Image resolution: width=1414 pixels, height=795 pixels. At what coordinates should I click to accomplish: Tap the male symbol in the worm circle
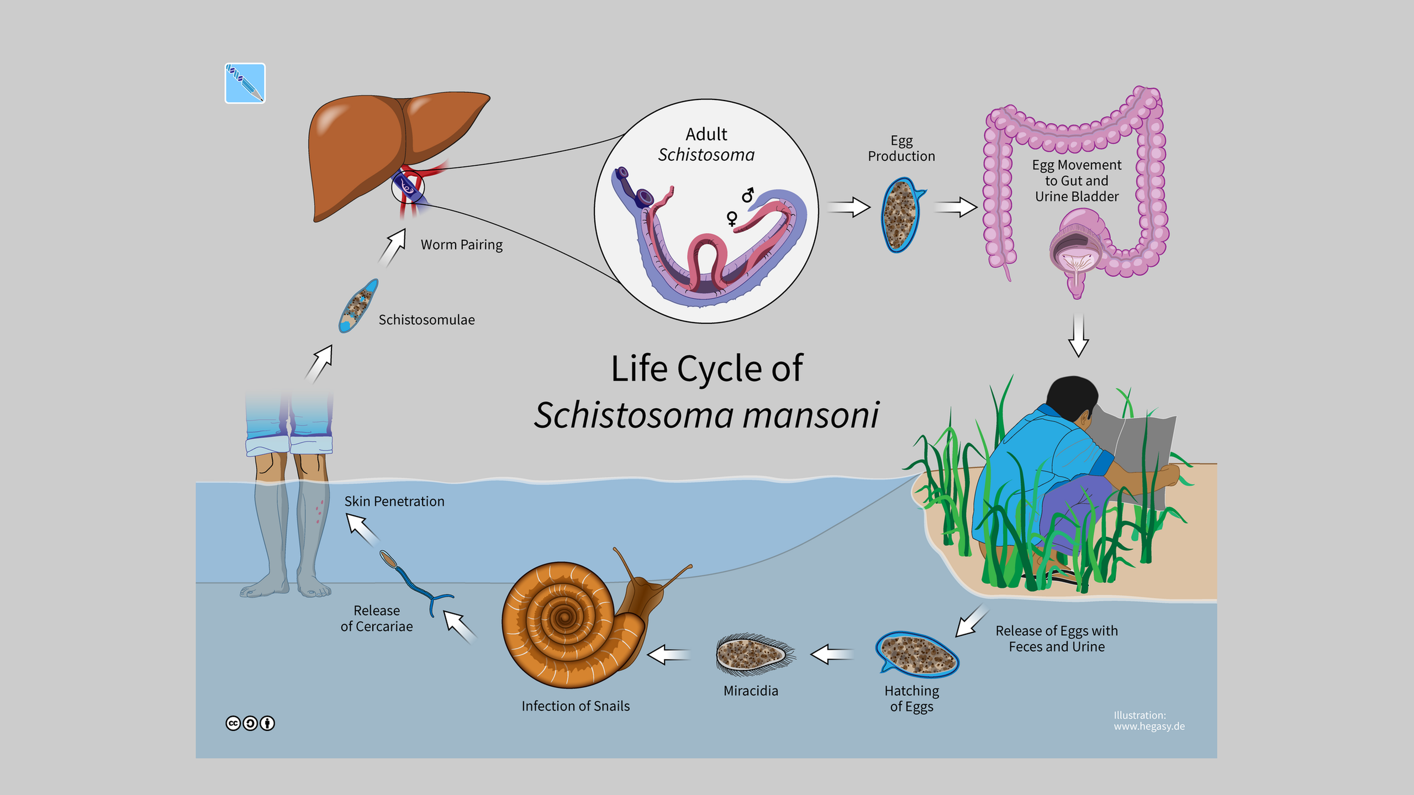pyautogui.click(x=748, y=195)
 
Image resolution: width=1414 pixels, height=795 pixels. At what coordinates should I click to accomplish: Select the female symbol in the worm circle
pyautogui.click(x=732, y=219)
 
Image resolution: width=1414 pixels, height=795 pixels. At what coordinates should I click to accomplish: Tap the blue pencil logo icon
pyautogui.click(x=245, y=83)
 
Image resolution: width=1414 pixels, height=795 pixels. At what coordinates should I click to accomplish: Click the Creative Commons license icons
pyautogui.click(x=250, y=723)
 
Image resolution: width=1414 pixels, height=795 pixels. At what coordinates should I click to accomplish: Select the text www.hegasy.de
pyautogui.click(x=1149, y=726)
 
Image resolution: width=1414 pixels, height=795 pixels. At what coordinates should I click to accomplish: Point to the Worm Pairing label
pyautogui.click(x=461, y=245)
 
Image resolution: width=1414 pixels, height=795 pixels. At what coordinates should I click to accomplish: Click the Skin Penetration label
pyautogui.click(x=394, y=502)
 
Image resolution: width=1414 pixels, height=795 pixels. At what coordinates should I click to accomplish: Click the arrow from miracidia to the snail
pyautogui.click(x=668, y=655)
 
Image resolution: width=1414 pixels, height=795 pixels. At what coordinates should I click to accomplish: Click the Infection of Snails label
pyautogui.click(x=576, y=706)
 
